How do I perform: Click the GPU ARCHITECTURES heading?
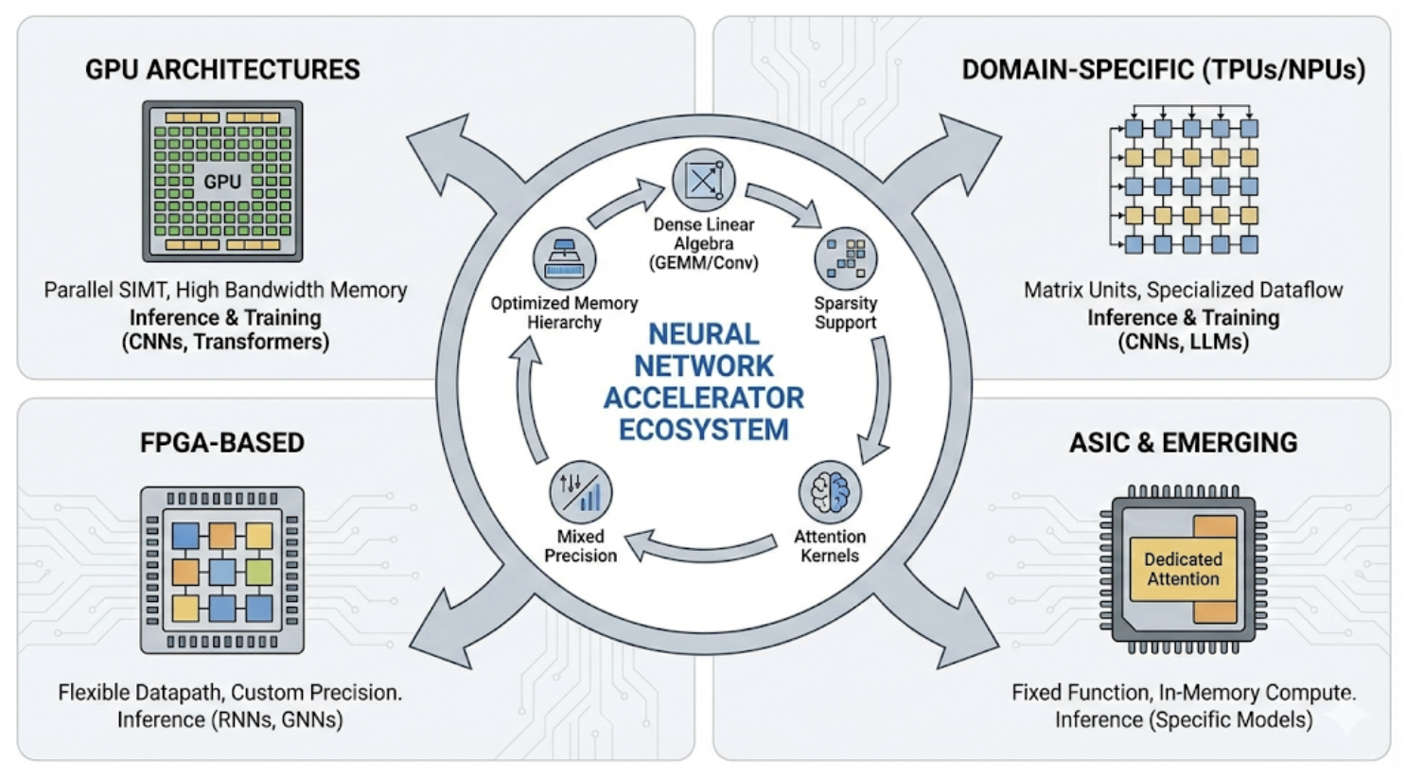[222, 70]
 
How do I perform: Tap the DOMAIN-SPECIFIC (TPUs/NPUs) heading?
[1163, 70]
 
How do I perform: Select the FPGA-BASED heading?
[222, 443]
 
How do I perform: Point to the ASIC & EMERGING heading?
[1183, 443]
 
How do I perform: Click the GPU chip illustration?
[222, 181]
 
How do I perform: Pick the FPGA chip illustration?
[222, 570]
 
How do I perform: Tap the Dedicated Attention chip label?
[1183, 569]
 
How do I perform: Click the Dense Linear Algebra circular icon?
[703, 180]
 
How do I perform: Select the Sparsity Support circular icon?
[845, 257]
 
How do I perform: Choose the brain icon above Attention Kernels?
[830, 492]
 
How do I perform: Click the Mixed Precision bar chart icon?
[580, 492]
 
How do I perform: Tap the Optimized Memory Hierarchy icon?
[564, 258]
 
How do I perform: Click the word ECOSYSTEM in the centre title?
[703, 430]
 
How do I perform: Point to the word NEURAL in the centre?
[703, 334]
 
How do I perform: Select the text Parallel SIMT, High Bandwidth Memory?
[225, 291]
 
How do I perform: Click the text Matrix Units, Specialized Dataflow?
[1183, 291]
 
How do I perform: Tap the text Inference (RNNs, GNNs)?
[230, 719]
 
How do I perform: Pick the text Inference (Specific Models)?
[1183, 719]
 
